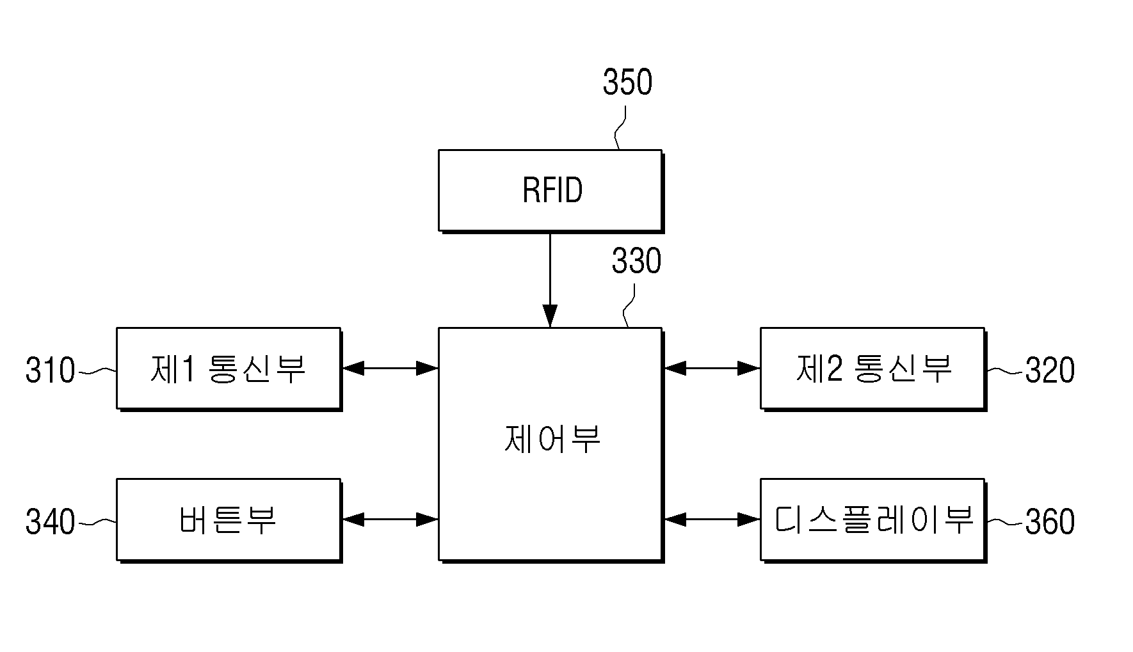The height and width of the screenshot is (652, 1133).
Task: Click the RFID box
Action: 550,191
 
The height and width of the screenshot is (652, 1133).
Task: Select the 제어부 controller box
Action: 550,445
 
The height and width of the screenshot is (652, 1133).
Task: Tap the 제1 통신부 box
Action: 229,369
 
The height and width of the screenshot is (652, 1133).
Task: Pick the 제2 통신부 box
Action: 873,369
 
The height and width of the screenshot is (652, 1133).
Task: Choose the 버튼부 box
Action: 229,520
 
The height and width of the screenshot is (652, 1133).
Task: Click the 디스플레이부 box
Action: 873,520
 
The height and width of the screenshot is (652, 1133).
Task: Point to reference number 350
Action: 627,83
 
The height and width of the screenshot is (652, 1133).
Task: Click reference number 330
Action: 636,261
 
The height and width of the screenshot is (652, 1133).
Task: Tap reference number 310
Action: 51,370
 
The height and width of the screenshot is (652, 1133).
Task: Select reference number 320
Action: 1050,370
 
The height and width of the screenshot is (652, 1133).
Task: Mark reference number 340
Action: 51,521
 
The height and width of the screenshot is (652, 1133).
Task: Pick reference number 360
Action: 1050,521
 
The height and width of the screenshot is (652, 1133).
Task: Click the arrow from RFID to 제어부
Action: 550,280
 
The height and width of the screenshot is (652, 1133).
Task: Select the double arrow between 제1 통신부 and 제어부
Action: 390,368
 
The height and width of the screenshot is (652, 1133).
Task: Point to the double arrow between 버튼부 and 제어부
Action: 390,520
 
